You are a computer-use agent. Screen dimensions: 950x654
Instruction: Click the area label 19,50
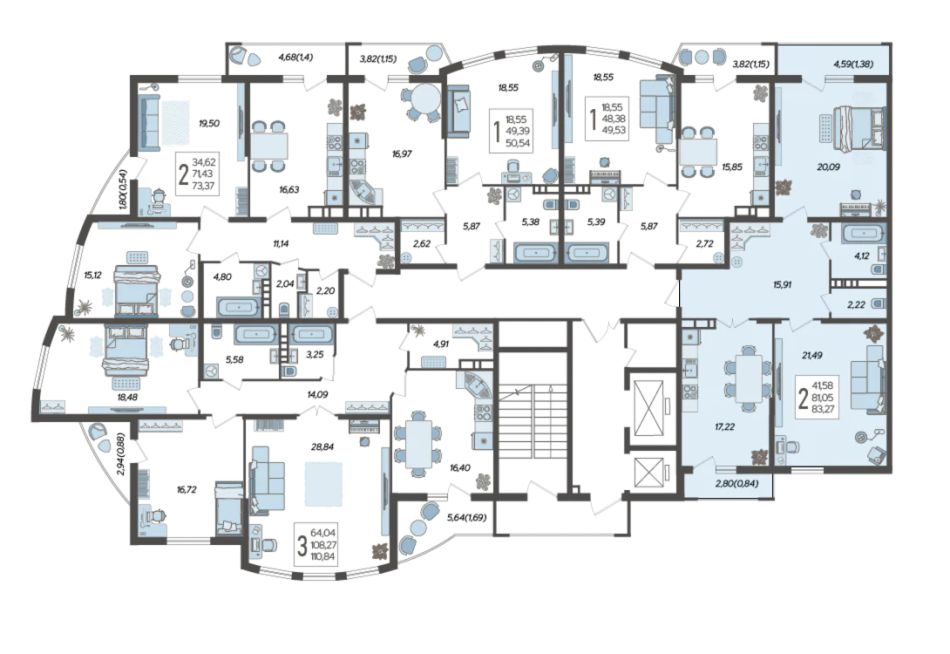coord(209,123)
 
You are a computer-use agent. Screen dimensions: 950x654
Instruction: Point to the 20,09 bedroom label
coord(828,167)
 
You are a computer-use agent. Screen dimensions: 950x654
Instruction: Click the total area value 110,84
coord(324,556)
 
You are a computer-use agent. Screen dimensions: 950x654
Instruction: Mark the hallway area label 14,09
coord(317,395)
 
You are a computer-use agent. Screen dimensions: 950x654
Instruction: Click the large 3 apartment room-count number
coord(302,545)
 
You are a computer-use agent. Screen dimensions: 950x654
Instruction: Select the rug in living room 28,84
coord(324,483)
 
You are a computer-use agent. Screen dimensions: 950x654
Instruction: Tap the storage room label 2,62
coord(421,245)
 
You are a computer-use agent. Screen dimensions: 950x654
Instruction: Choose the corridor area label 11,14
coord(280,245)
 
